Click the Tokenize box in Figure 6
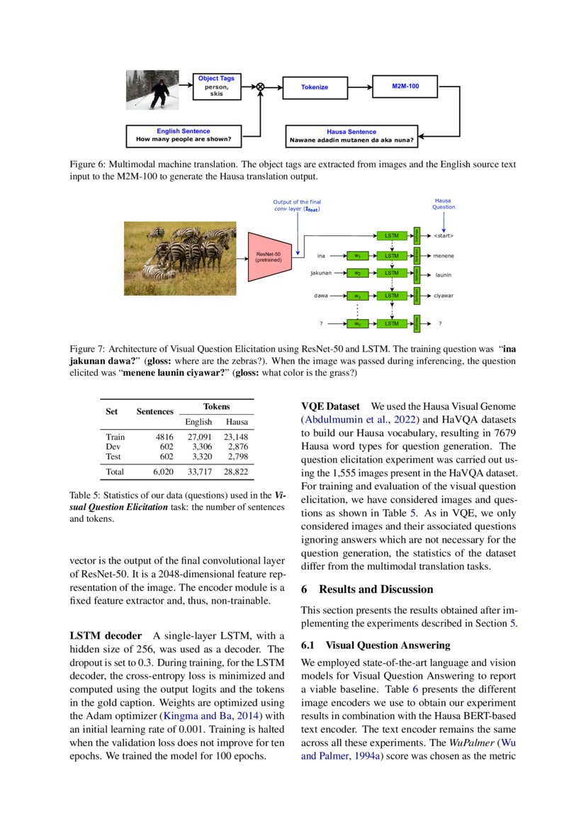coord(315,87)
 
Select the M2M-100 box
coord(405,86)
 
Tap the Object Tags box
coord(216,86)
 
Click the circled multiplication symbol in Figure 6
coord(260,87)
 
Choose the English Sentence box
coord(184,135)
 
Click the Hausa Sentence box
coord(351,135)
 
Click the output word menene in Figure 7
coord(444,256)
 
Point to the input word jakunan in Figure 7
coord(321,272)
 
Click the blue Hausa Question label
coord(444,204)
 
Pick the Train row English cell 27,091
coord(198,438)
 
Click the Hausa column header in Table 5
coord(237,421)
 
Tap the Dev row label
coord(113,447)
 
